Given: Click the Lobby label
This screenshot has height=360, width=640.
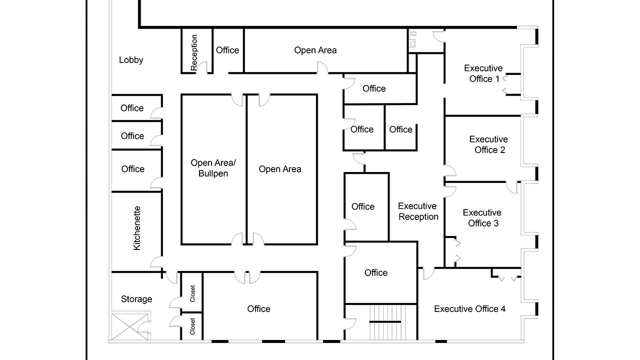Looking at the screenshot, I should coord(131,60).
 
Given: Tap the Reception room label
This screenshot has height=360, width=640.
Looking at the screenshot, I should coord(194,52).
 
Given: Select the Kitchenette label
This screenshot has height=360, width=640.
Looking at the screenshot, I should coord(137,228).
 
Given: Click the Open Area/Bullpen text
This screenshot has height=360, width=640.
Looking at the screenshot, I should coord(213,168).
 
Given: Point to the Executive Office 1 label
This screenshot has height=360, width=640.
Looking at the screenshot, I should coord(483,73).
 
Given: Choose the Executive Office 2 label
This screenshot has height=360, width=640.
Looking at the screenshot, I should coord(488,144).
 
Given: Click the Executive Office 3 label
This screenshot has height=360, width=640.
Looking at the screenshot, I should coord(482,218).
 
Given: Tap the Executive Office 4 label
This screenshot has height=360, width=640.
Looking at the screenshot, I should coord(469,309).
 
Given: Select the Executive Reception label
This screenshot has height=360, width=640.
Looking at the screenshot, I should coord(418,211).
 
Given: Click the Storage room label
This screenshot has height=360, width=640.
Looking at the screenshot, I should coord(136,299).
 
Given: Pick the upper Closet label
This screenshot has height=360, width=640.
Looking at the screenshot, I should coord(192,293).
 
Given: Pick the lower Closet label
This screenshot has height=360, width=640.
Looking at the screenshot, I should coord(192,326).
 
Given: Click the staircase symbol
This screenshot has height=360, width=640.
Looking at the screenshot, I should coord(385,322).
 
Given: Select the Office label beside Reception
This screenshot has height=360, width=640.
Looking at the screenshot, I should coord(227,50).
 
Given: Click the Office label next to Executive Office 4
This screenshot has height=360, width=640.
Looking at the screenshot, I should coord(376,272).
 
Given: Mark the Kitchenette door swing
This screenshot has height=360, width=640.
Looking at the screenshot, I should coord(156,262).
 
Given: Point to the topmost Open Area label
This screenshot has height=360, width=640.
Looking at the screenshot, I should coord(315,50).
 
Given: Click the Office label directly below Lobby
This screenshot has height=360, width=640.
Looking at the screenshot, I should coord(132,108).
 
